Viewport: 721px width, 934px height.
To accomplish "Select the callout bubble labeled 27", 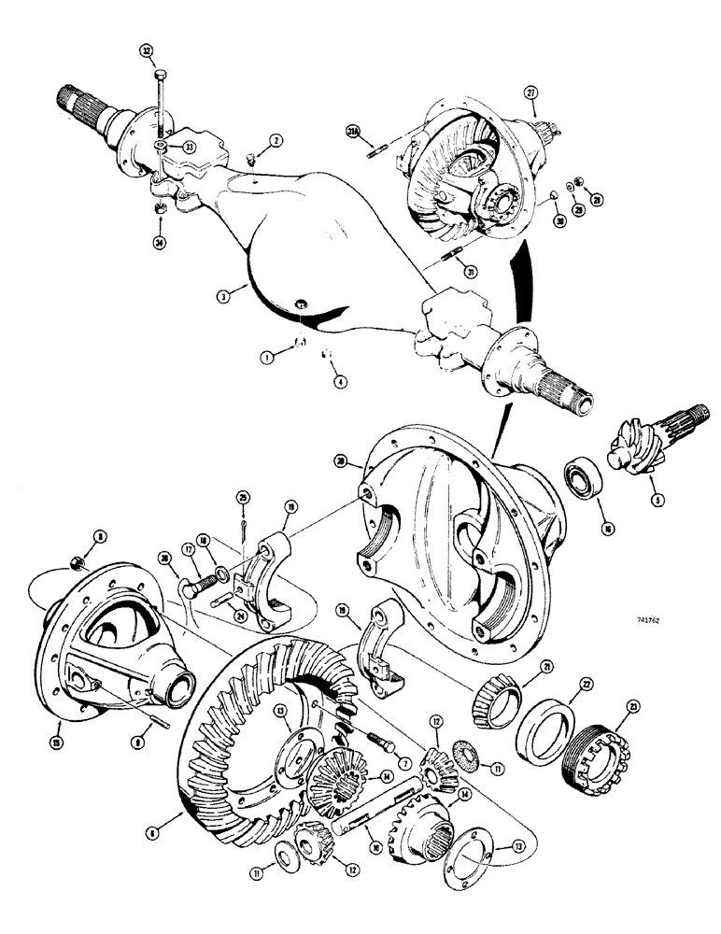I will click(x=532, y=93).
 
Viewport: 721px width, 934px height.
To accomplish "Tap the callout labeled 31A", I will click(x=353, y=133).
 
